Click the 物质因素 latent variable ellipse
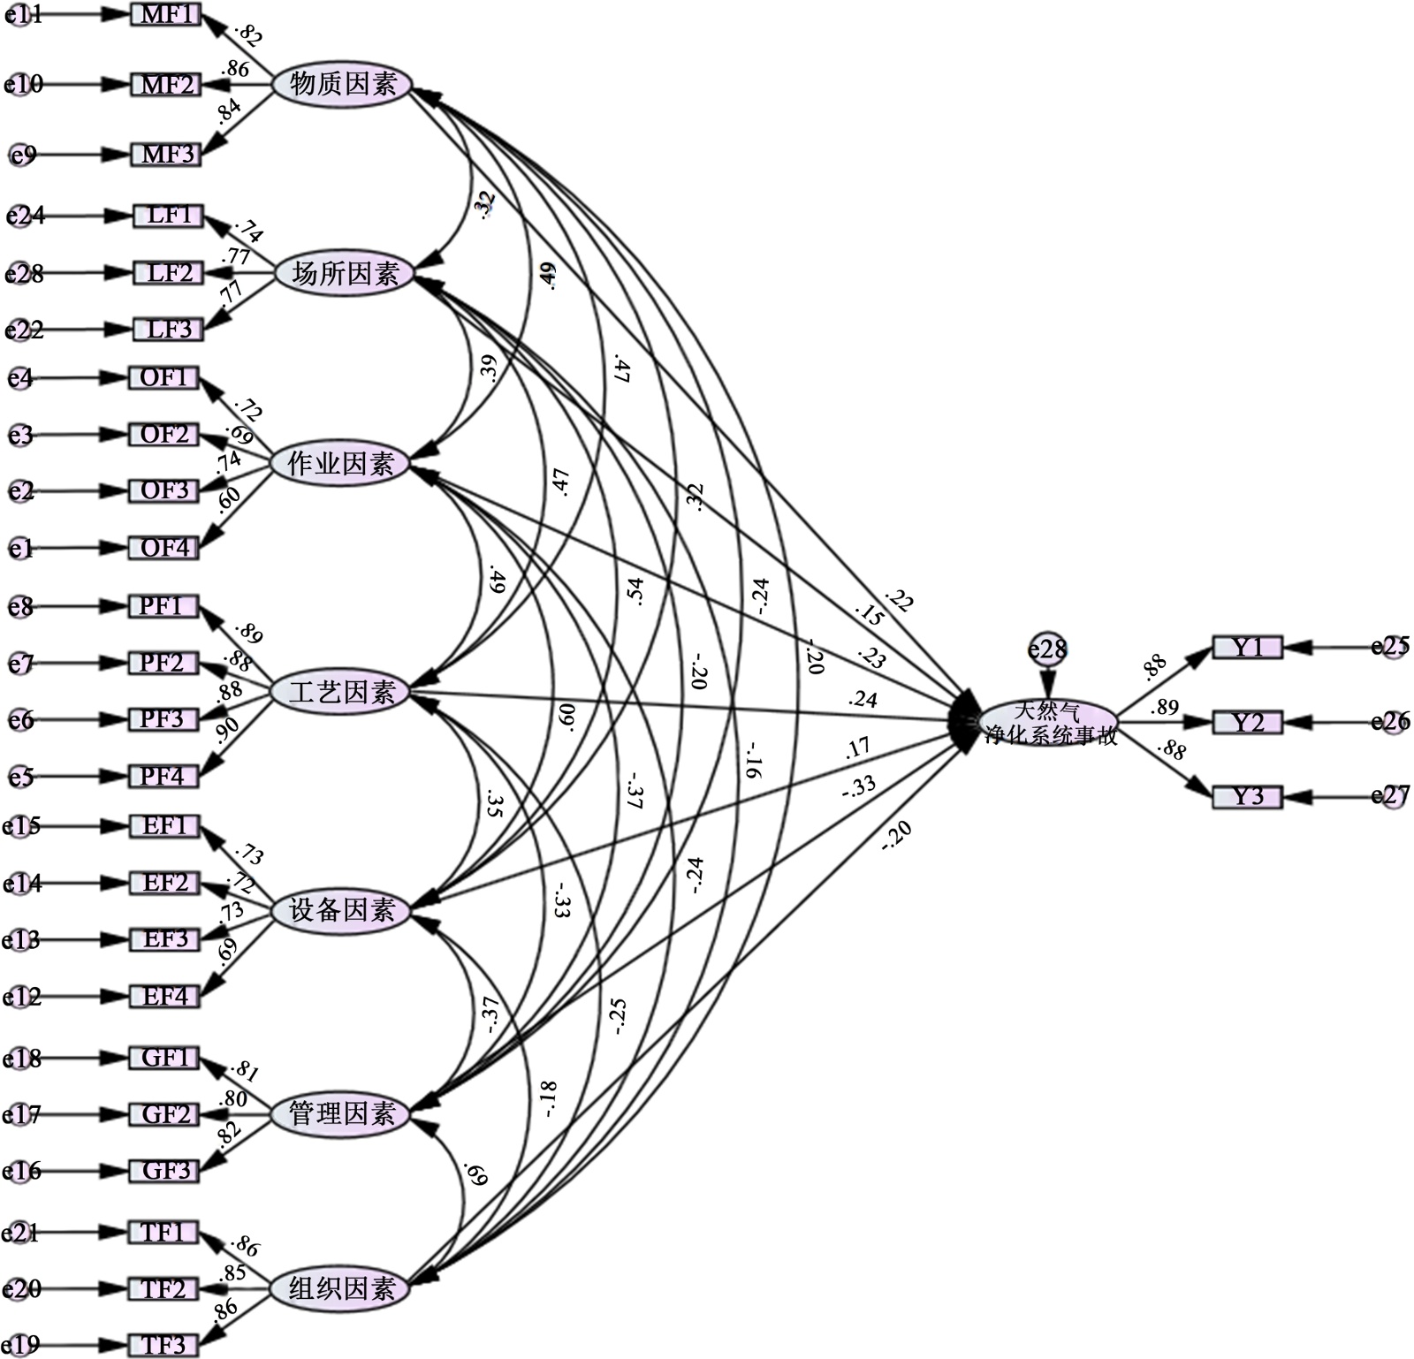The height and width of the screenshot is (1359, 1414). [x=341, y=85]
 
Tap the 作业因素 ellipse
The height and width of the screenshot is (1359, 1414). [x=340, y=463]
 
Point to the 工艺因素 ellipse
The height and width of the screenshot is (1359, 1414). [x=341, y=692]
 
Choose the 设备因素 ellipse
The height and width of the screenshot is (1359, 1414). [x=340, y=910]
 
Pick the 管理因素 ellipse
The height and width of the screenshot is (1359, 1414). [x=340, y=1113]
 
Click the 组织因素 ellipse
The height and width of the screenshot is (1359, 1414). [x=340, y=1288]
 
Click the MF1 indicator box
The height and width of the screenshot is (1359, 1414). [x=166, y=14]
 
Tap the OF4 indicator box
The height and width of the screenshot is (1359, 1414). [x=164, y=548]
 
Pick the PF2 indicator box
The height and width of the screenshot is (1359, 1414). [x=163, y=663]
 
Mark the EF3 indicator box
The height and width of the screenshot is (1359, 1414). [x=165, y=939]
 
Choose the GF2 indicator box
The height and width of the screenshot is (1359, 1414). [x=165, y=1115]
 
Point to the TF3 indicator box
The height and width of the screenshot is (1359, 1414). [x=164, y=1345]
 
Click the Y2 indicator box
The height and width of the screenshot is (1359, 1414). [x=1247, y=723]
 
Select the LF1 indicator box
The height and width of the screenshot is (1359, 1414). [x=168, y=216]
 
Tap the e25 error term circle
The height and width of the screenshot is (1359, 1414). [x=1391, y=647]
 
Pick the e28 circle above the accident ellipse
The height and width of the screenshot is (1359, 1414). [x=1048, y=650]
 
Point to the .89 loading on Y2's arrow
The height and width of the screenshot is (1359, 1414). [x=1165, y=707]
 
